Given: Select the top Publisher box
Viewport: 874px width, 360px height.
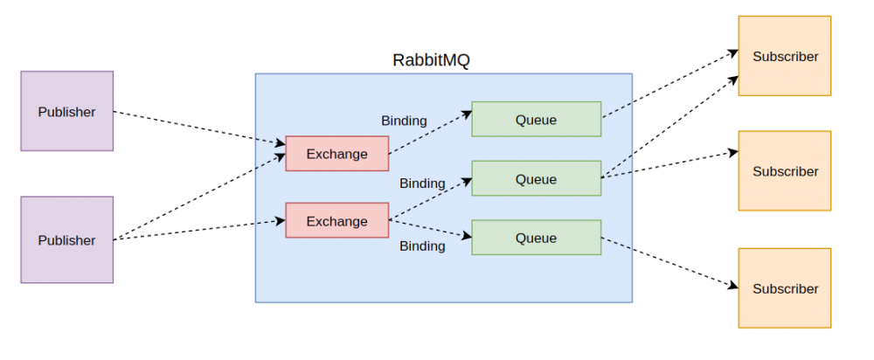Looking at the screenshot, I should (x=67, y=111).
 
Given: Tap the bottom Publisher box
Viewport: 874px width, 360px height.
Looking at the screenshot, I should (x=67, y=239).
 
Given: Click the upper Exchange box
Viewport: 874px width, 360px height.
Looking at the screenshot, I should (x=337, y=154).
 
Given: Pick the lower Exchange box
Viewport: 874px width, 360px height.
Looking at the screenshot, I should (x=337, y=220).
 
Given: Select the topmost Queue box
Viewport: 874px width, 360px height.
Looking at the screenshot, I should (x=536, y=119).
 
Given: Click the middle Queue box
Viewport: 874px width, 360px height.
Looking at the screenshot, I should (x=536, y=178).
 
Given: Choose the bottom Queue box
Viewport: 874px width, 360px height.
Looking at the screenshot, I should (x=536, y=238).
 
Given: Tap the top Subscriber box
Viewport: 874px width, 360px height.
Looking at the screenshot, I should (x=785, y=56).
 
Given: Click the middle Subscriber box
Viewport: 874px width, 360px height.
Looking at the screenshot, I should (x=785, y=171).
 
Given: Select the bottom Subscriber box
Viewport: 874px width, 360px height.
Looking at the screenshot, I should (x=785, y=288).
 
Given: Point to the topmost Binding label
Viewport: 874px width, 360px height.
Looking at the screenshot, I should (x=404, y=121).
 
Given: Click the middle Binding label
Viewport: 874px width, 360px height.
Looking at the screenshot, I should (x=422, y=183).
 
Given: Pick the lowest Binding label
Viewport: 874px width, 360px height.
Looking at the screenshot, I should (x=422, y=246).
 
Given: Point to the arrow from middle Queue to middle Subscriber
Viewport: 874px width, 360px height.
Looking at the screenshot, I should (x=669, y=165).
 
